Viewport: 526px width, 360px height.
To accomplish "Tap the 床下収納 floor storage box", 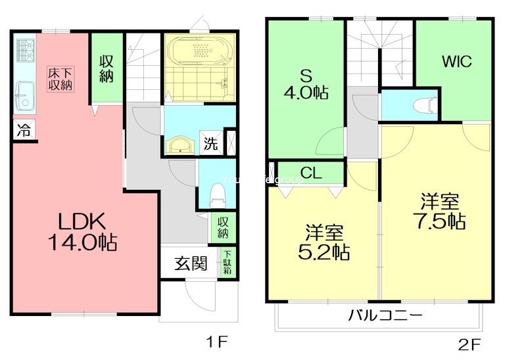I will (x=59, y=79).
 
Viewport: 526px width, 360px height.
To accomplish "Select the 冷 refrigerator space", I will (x=22, y=129).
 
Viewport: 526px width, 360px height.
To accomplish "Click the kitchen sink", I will (x=24, y=97).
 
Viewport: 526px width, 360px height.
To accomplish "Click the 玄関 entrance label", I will (x=191, y=264).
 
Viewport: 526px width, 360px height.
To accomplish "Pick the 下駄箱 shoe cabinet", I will (x=227, y=263).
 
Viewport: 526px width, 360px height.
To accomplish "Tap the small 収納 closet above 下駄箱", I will (x=223, y=227).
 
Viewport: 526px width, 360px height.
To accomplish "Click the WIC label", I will (x=456, y=62).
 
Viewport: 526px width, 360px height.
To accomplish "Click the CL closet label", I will (x=311, y=174).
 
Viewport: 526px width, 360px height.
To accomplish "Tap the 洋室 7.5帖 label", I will (x=439, y=211).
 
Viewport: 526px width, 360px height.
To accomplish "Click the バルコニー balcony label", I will (x=385, y=316).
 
